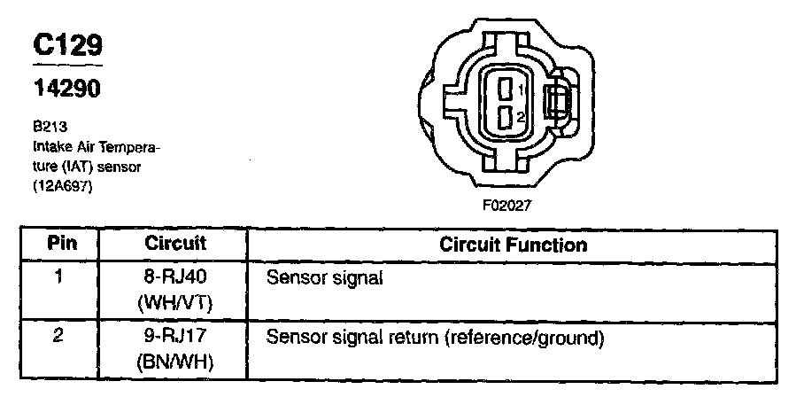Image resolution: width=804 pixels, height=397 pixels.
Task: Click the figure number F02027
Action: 506,205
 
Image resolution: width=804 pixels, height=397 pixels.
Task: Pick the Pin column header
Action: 59,244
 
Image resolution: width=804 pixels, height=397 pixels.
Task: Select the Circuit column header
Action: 175,243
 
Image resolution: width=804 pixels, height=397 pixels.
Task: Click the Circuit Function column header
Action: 513,244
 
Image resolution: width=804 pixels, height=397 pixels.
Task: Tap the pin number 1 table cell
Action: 59,276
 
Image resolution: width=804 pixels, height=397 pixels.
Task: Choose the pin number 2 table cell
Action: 59,338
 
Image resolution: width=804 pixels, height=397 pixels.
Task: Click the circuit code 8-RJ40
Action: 177,276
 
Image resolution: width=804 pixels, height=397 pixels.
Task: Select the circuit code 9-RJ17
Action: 177,338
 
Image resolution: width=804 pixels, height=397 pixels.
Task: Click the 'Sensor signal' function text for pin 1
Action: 324,277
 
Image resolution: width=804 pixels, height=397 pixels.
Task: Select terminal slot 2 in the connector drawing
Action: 506,117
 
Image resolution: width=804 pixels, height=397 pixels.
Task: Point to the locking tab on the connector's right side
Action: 557,104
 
